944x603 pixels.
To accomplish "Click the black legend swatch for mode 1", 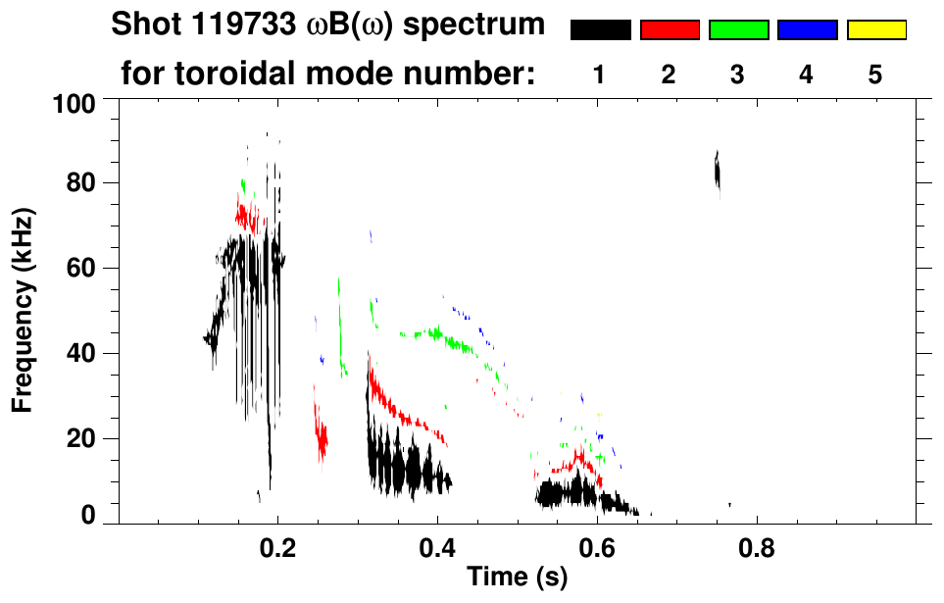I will click(600, 30).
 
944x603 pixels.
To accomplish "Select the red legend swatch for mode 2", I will click(670, 30).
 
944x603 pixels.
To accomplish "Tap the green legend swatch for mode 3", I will click(738, 30).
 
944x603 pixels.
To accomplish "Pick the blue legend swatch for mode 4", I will click(807, 30).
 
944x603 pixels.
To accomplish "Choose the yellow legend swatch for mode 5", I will click(875, 30).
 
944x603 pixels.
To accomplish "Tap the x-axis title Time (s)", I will click(517, 578).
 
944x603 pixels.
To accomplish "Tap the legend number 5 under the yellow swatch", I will click(875, 75).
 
